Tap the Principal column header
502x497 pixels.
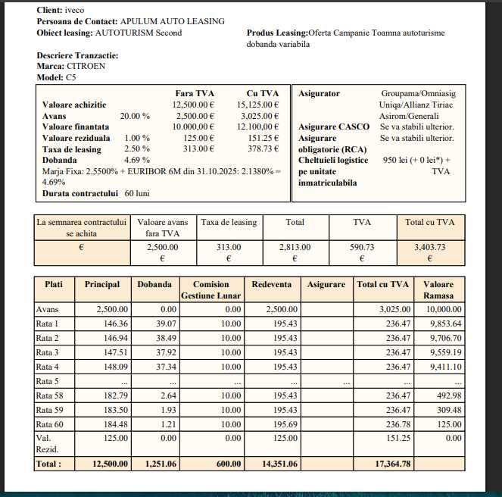(102, 284)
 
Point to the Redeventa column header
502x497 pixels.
(271, 284)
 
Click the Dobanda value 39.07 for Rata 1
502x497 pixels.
(161, 324)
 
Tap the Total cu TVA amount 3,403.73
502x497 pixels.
(430, 247)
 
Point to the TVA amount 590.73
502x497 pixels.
(362, 247)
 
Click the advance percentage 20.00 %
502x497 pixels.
(135, 116)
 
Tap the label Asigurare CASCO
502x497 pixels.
(334, 127)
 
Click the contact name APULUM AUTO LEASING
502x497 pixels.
(172, 21)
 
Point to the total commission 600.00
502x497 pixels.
(228, 463)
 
